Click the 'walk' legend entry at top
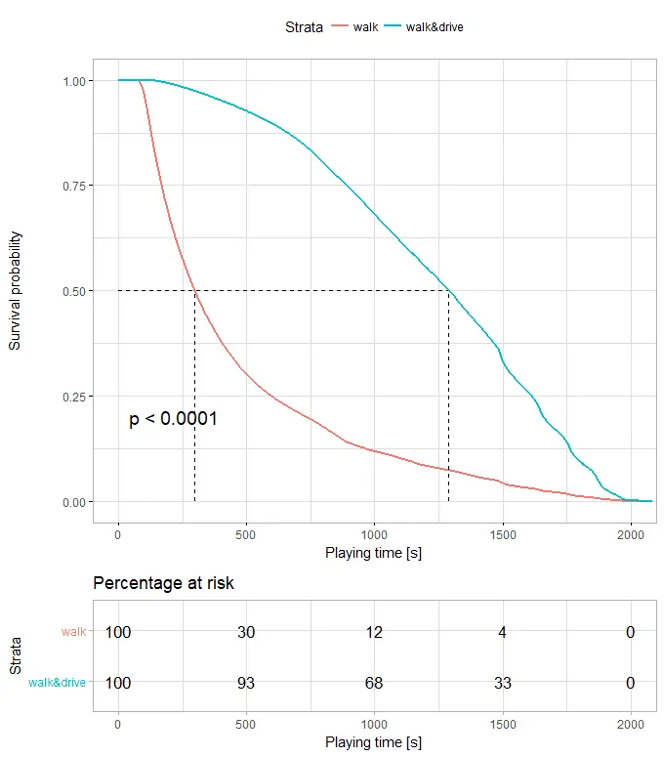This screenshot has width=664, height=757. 366,27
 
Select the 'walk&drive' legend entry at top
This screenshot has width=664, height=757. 436,27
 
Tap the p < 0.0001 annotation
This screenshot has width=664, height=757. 173,419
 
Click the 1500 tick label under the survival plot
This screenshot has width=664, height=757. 502,533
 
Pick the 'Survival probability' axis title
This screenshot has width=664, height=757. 16,291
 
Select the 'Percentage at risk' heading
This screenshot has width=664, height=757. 163,583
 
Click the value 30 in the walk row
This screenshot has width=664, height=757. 246,632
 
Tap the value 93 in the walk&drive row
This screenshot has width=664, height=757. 246,683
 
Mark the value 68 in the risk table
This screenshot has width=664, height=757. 374,683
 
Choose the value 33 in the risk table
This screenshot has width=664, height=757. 502,683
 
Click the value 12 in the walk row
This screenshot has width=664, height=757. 374,632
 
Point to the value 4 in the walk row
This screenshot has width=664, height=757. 502,632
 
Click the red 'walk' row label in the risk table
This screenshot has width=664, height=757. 73,632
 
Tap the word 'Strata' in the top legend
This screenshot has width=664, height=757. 304,27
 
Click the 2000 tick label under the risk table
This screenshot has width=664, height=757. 630,725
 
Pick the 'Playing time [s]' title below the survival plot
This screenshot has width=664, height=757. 374,553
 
